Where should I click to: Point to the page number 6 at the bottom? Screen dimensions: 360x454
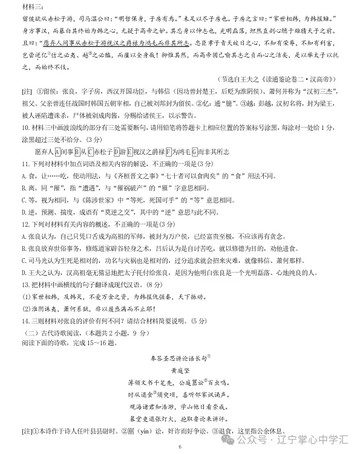pos(180,447)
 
